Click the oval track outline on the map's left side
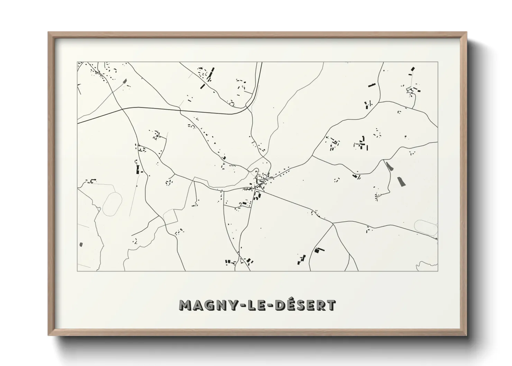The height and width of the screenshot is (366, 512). click(112, 203)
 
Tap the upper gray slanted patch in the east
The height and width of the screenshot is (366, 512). click(389, 166)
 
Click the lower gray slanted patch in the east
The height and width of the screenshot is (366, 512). click(402, 182)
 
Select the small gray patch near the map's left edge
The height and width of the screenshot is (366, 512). click(81, 245)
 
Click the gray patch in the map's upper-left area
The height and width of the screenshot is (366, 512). click(125, 82)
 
